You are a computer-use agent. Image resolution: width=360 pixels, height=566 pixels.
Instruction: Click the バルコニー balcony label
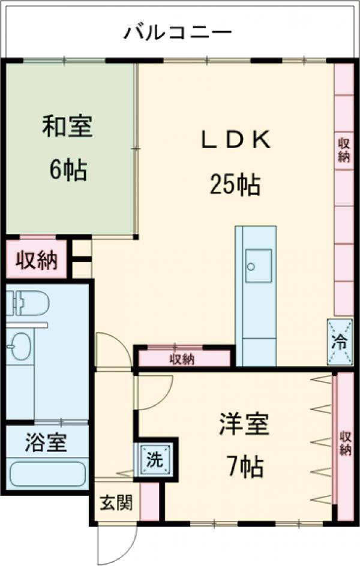[x=178, y=32]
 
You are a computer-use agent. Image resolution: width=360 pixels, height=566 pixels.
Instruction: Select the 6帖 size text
[x=67, y=171]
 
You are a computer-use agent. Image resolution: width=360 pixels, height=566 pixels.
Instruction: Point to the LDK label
[x=235, y=140]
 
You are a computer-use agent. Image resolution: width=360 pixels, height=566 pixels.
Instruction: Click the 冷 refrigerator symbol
[x=339, y=342]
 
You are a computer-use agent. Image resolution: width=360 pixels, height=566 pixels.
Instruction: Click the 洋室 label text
[x=243, y=424]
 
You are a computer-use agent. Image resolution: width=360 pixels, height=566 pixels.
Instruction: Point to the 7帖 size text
[x=244, y=466]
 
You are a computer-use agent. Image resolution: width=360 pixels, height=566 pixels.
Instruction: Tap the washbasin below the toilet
[x=20, y=347]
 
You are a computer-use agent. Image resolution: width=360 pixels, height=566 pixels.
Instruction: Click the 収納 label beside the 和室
[x=36, y=260]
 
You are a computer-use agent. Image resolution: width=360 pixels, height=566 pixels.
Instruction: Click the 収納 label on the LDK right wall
[x=344, y=149]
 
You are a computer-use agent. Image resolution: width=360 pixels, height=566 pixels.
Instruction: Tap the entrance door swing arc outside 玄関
[x=114, y=543]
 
